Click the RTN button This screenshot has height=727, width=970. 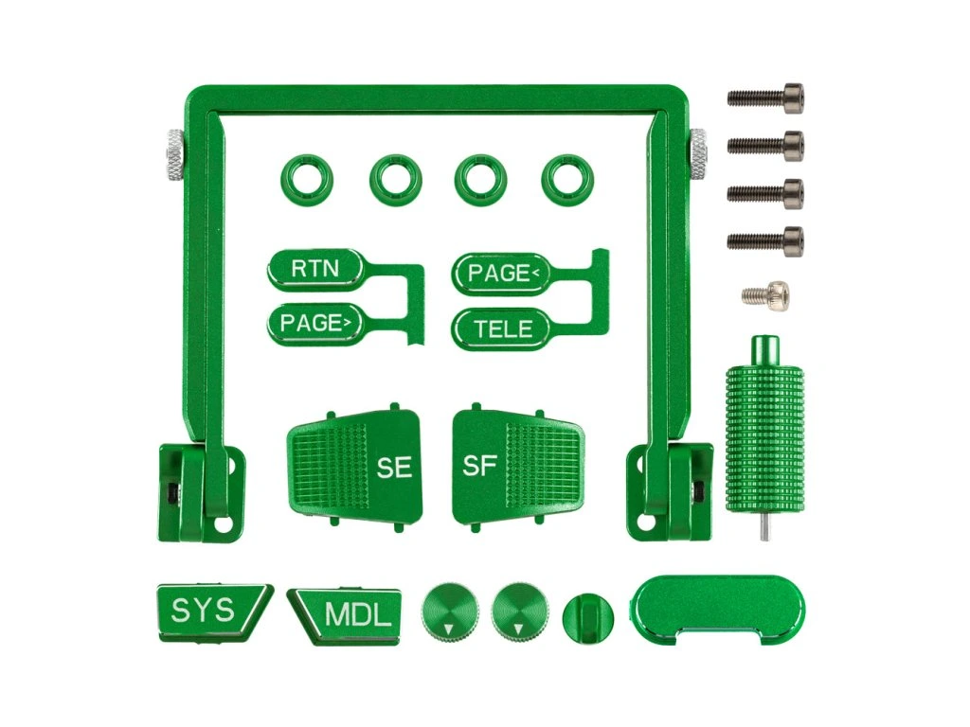click(x=314, y=269)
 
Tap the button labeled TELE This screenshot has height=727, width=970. click(x=502, y=328)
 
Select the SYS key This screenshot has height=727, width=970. click(x=212, y=612)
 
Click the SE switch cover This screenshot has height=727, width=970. click(x=355, y=466)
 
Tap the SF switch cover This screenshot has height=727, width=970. click(x=518, y=466)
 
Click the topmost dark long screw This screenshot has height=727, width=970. click(x=765, y=98)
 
